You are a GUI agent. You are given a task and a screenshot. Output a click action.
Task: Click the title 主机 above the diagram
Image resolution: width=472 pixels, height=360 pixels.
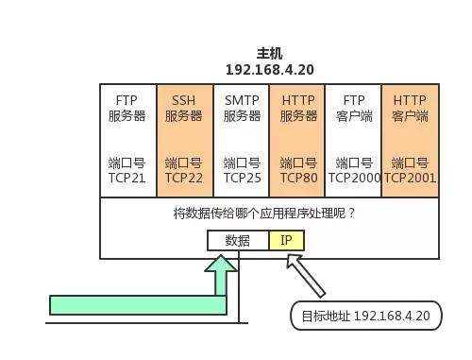(269, 54)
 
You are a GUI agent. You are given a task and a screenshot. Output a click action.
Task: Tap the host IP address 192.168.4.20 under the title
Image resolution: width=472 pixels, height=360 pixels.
(269, 70)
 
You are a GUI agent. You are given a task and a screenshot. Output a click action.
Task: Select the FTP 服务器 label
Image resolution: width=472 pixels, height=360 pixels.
(127, 108)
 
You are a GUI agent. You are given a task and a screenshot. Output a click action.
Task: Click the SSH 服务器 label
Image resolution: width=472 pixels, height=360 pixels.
(184, 108)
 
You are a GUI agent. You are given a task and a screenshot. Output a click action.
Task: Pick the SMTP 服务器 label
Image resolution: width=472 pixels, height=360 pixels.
(242, 108)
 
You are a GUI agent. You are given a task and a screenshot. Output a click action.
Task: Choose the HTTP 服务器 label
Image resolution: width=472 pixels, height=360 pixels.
(297, 108)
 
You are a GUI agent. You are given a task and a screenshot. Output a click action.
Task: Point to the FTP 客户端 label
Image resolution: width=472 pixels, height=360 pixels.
(353, 108)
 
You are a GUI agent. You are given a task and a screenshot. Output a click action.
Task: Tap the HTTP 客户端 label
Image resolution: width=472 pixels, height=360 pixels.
(410, 108)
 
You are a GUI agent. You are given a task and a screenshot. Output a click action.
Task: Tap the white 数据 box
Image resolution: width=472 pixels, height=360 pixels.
(238, 240)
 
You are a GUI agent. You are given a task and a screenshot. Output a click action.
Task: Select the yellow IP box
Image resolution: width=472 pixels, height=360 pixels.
(287, 240)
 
